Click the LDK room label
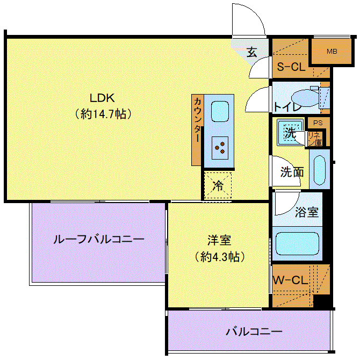(103, 98)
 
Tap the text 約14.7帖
(103, 114)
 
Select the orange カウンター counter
(197, 129)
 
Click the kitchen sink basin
(220, 112)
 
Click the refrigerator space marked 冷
(218, 186)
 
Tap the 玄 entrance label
(252, 52)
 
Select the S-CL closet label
(290, 68)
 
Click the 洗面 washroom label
(292, 172)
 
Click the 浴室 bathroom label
(307, 212)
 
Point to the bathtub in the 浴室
(298, 243)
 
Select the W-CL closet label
(290, 280)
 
